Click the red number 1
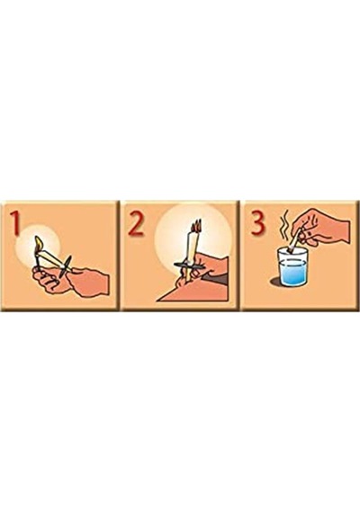[15, 223]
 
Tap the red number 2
[136, 223]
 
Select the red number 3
[257, 222]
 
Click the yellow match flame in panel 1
[39, 243]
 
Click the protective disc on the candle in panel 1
[67, 266]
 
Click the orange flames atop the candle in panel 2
[195, 225]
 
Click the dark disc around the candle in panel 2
[190, 266]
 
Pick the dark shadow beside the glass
[274, 282]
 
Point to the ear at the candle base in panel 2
[184, 283]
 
